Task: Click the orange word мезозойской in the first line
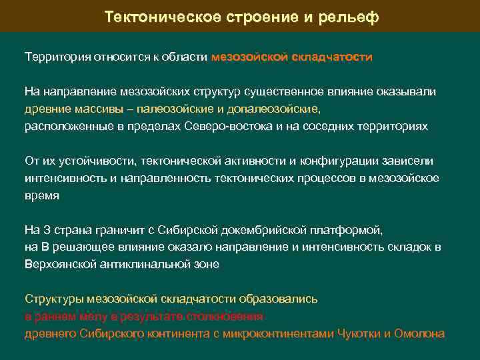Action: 250,57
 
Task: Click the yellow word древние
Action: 45,109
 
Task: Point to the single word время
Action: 42,195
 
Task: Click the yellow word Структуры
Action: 50,299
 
